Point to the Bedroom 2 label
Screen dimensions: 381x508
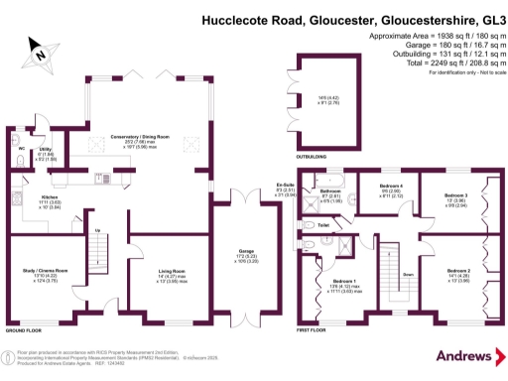coord(457,271)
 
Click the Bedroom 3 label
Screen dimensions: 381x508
coord(454,195)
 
